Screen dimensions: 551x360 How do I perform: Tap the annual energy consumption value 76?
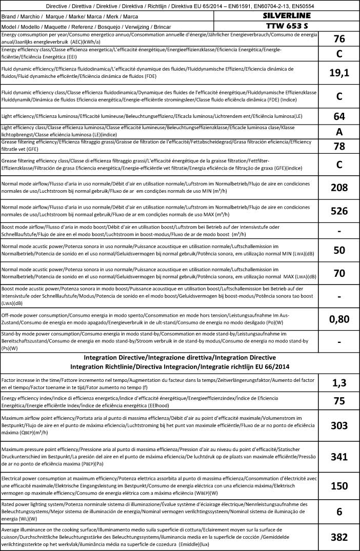[x=339, y=38]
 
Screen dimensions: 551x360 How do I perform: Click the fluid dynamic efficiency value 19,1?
[x=339, y=73]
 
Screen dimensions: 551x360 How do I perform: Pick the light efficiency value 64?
[x=339, y=116]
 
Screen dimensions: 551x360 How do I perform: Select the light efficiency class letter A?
[x=339, y=131]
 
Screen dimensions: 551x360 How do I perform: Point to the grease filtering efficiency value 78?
[x=339, y=147]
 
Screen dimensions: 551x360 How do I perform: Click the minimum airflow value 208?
[x=339, y=188]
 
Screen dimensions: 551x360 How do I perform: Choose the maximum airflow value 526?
[x=339, y=211]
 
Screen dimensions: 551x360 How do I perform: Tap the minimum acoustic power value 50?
[x=339, y=250]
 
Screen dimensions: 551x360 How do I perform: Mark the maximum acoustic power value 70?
[x=339, y=273]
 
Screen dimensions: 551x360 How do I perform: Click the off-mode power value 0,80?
[x=339, y=319]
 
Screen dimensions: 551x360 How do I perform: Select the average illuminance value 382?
[x=339, y=537]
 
